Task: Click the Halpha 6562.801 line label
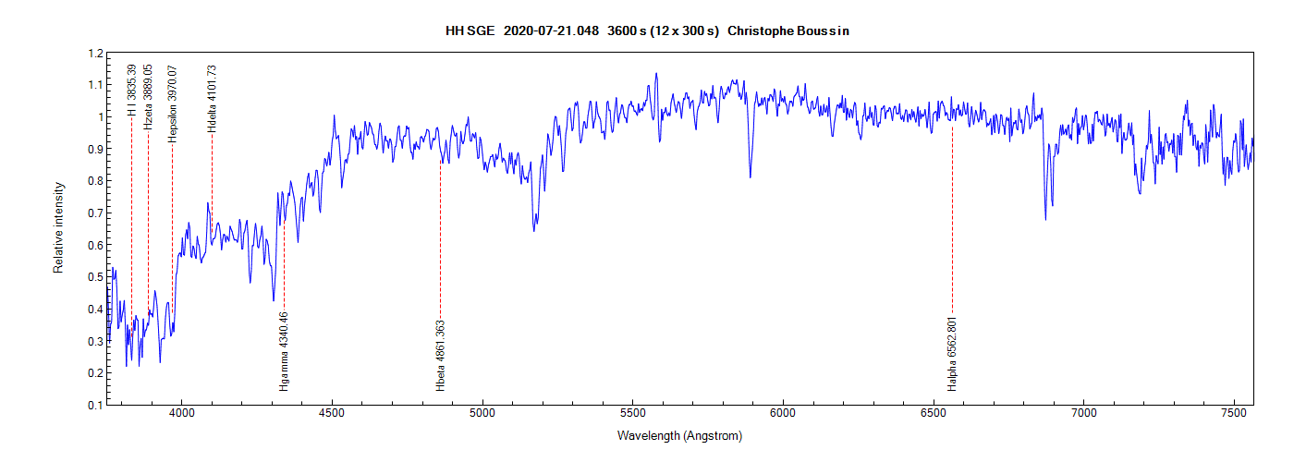[x=952, y=354]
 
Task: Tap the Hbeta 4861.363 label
[x=441, y=355]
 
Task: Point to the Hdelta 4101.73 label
[x=212, y=98]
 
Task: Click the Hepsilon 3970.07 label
[x=172, y=103]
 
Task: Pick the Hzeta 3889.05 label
[x=148, y=96]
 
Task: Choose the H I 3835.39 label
[x=132, y=90]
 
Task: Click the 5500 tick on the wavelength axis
[x=632, y=415]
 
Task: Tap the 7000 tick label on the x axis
[x=1083, y=415]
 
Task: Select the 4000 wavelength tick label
[x=182, y=415]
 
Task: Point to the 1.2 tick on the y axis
[x=95, y=54]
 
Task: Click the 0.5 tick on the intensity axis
[x=95, y=277]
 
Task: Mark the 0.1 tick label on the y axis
[x=95, y=406]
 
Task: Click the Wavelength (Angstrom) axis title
[x=680, y=435]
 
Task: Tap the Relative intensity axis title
[x=58, y=227]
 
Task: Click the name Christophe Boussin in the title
[x=788, y=30]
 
